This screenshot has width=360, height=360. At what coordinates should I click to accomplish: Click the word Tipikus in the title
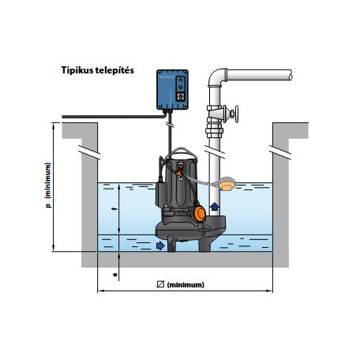click(77, 70)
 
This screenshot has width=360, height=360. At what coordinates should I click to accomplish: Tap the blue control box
click(172, 89)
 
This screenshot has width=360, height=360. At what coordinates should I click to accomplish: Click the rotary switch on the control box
click(181, 96)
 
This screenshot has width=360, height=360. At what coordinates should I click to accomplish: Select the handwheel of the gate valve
click(237, 114)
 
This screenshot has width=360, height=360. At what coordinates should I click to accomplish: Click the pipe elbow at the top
click(216, 77)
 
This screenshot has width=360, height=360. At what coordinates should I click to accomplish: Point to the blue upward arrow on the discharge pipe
click(215, 206)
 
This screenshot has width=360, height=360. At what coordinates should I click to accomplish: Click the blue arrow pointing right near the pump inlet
click(160, 246)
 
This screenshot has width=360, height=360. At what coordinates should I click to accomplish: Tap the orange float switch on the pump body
click(198, 213)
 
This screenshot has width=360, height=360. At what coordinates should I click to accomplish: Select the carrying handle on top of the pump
click(182, 152)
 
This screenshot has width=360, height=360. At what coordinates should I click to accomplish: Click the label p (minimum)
click(48, 186)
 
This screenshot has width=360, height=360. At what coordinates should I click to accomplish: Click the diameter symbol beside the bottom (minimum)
click(160, 284)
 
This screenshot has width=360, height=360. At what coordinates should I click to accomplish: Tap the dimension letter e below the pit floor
click(114, 275)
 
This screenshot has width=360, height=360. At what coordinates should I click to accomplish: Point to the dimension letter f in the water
click(114, 209)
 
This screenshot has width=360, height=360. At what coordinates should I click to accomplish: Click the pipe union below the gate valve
click(215, 130)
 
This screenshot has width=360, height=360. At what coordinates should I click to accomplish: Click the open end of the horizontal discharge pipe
click(290, 75)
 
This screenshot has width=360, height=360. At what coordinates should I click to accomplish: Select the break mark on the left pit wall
click(89, 152)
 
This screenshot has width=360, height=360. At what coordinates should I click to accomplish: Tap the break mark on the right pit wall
click(280, 152)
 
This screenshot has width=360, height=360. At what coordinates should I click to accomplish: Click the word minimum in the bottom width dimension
click(186, 285)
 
